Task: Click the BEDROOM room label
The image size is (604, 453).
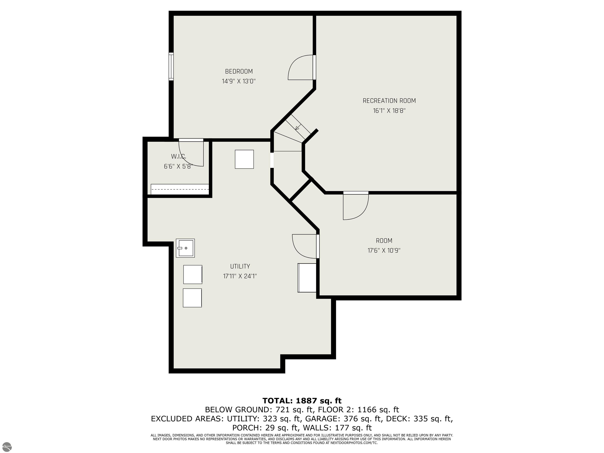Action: (239, 72)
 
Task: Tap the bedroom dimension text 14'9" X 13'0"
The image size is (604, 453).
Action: (239, 81)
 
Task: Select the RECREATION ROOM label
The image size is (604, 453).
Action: (389, 101)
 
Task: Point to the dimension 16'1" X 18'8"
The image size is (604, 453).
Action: (389, 110)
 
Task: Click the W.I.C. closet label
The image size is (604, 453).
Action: (179, 157)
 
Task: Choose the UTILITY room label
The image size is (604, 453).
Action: (240, 266)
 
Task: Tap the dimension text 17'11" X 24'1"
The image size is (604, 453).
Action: (240, 276)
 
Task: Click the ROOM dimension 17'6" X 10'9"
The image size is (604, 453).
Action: (384, 250)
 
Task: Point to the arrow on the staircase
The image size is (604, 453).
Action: (298, 127)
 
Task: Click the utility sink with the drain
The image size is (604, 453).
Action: (185, 248)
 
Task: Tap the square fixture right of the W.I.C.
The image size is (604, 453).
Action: (244, 159)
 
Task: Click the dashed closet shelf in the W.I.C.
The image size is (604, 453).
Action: (180, 189)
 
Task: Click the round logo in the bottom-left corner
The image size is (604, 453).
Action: (7, 447)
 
